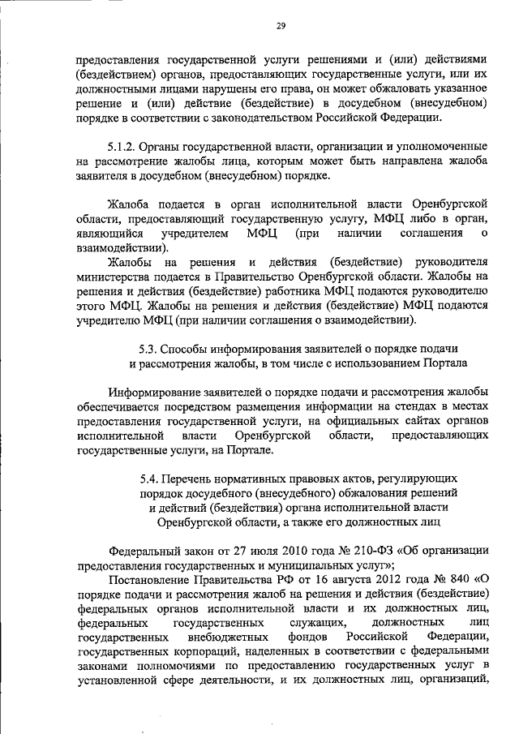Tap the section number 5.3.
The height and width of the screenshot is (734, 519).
(148, 350)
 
